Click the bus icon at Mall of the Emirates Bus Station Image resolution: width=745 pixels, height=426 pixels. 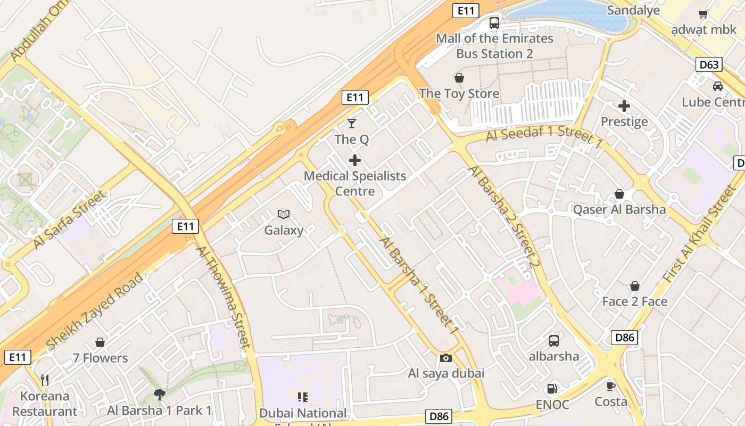[x=494, y=23]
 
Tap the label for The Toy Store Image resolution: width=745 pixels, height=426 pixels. [x=459, y=94]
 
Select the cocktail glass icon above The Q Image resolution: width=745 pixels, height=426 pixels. [x=351, y=124]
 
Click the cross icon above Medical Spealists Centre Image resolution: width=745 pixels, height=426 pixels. [x=354, y=160]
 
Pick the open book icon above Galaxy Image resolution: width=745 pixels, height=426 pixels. [x=284, y=215]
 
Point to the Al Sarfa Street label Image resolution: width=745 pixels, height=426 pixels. [x=69, y=219]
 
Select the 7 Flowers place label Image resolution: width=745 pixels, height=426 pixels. [x=101, y=358]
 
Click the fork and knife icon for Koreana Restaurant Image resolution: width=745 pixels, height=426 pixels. [x=45, y=380]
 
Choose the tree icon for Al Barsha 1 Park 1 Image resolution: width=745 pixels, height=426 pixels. [x=159, y=394]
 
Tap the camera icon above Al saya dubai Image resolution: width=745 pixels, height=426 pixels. [x=446, y=358]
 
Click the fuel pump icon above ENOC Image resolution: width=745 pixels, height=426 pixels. [x=553, y=389]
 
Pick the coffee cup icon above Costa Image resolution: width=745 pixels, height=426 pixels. [x=610, y=386]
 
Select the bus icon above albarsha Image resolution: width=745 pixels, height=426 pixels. [x=553, y=340]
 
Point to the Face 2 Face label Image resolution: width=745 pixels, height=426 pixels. [x=634, y=301]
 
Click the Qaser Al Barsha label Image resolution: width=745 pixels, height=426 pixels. [x=619, y=209]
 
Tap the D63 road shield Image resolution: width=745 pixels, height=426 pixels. [x=709, y=65]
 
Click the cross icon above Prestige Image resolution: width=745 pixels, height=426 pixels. [x=624, y=106]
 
